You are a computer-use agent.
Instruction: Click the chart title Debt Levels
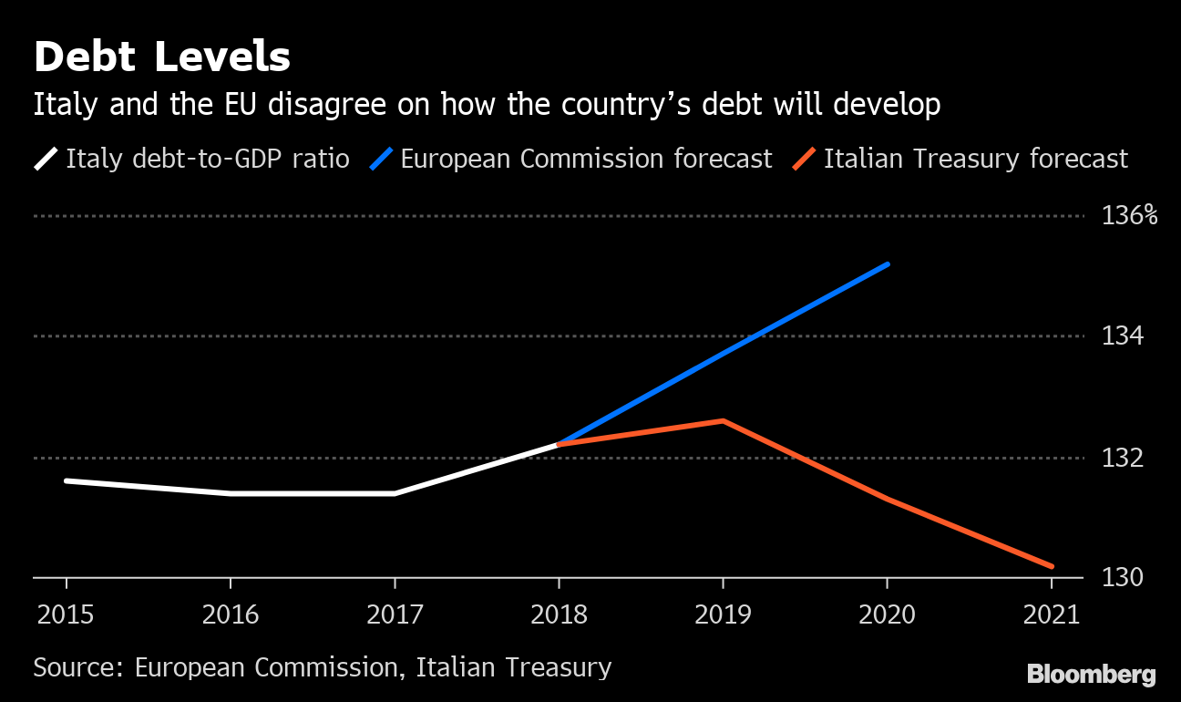point(162,57)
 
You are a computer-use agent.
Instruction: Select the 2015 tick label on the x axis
point(66,614)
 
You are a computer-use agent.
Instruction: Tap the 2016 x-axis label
point(231,614)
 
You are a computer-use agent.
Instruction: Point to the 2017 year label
point(395,614)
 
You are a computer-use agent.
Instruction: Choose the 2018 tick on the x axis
point(560,614)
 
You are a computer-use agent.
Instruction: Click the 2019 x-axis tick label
point(724,614)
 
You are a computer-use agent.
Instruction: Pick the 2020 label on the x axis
point(888,614)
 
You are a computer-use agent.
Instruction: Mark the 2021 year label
point(1052,614)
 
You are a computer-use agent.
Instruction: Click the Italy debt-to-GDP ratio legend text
point(208,159)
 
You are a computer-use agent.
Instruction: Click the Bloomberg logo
point(1092,675)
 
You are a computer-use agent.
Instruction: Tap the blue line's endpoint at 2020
point(888,264)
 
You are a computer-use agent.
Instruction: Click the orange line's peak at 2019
point(724,421)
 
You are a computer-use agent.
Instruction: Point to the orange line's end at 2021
point(1052,566)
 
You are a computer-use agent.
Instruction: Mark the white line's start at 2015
point(67,480)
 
